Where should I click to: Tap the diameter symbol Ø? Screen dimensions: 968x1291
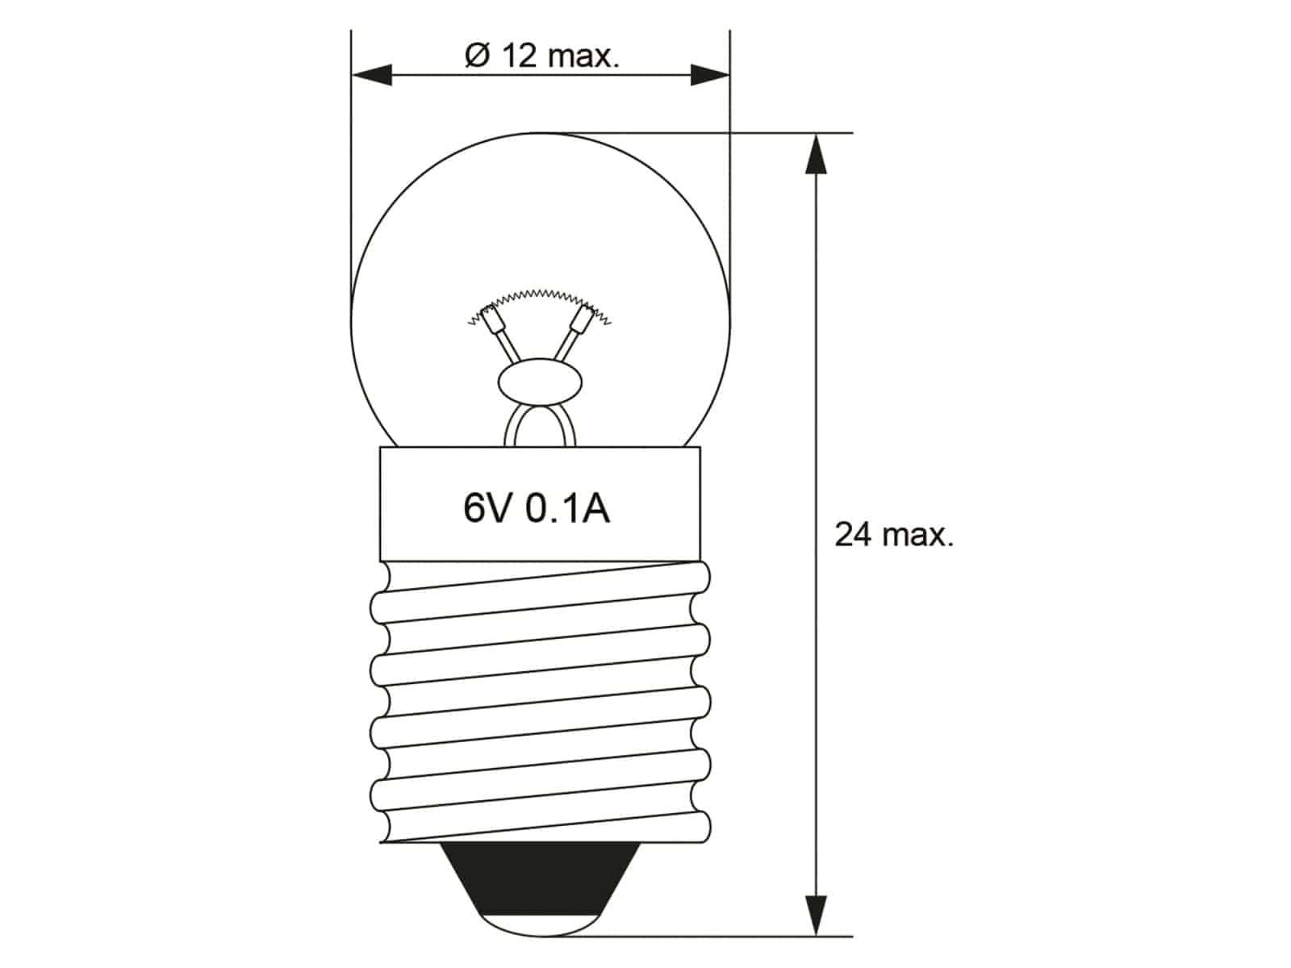coord(478,56)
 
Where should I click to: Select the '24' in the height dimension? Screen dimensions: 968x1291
coord(852,534)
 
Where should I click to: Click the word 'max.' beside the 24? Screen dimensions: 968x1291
coord(917,535)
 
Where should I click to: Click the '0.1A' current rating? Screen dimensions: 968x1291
coord(567,509)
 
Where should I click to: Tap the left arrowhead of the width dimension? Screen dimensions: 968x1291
coord(371,77)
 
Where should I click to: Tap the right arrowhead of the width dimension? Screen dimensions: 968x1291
coord(710,77)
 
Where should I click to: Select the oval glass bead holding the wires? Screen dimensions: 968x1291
coord(539,386)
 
